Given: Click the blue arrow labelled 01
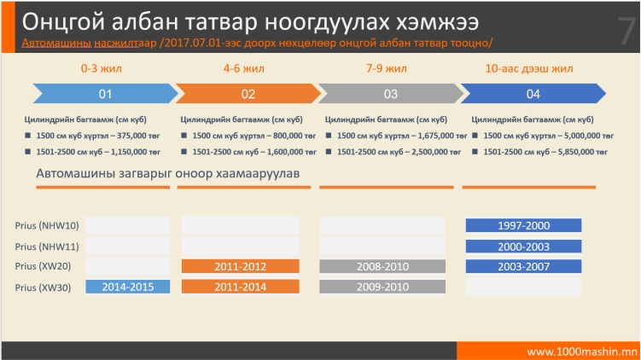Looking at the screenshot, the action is [106, 94].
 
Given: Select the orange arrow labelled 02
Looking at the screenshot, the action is [248, 94].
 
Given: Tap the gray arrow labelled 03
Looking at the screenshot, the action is [391, 94].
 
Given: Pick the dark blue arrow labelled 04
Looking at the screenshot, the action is [533, 94].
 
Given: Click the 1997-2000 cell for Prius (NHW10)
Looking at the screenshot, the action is [524, 225].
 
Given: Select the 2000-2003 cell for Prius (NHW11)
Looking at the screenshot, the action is [524, 247].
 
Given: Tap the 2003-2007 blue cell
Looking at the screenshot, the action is [524, 266].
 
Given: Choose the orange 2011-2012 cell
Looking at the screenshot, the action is [241, 266].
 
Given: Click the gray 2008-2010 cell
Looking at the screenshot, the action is [382, 266].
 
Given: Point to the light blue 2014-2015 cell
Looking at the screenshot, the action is [127, 287].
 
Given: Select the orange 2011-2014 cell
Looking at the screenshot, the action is [241, 287].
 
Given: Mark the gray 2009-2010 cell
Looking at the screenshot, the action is [382, 287].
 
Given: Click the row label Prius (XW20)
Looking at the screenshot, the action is [43, 266].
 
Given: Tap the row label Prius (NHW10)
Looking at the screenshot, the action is [47, 225].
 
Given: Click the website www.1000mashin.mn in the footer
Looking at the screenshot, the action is [582, 351].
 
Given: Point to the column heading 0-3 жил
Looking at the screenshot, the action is [101, 68].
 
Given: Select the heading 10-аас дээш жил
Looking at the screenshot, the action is [529, 68].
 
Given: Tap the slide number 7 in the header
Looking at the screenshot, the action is [626, 31].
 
